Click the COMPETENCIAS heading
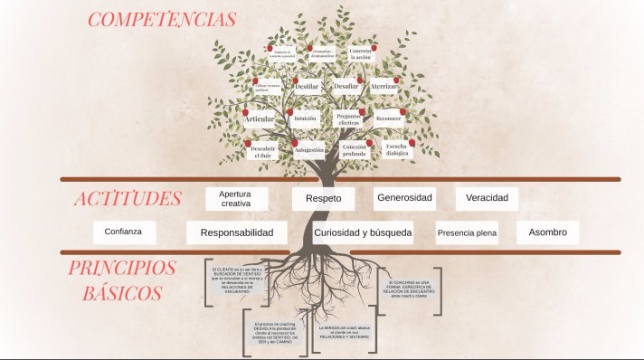pyautogui.click(x=163, y=19)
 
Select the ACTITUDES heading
pyautogui.click(x=128, y=199)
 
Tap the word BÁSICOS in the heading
pyautogui.click(x=122, y=293)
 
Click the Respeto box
pyautogui.click(x=323, y=198)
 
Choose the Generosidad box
pyautogui.click(x=403, y=197)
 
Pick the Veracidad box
pyautogui.click(x=487, y=197)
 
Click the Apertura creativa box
pyautogui.click(x=235, y=198)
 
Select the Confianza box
pyautogui.click(x=124, y=232)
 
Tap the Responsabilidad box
pyautogui.click(x=237, y=232)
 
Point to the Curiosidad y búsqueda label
pyautogui.click(x=363, y=232)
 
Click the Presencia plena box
pyautogui.click(x=467, y=233)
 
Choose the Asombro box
pyautogui.click(x=547, y=232)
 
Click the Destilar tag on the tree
pyautogui.click(x=306, y=86)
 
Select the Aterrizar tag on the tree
pyautogui.click(x=389, y=86)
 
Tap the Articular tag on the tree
pyautogui.click(x=259, y=119)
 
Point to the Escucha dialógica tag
pyautogui.click(x=396, y=150)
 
